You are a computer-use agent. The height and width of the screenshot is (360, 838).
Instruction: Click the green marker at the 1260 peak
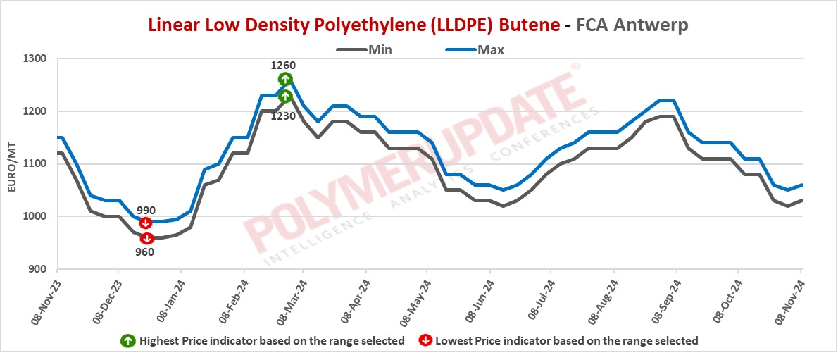(285, 79)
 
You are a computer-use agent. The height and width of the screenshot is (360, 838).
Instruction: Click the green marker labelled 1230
(285, 96)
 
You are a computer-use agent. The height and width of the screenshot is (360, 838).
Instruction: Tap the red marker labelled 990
(146, 223)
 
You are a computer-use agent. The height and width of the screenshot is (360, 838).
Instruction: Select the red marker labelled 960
(146, 238)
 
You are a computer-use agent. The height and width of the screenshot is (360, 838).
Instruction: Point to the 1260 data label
(284, 66)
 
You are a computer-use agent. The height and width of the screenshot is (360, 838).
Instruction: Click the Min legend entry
(365, 49)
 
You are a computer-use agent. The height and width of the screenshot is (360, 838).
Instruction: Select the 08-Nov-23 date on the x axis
(44, 299)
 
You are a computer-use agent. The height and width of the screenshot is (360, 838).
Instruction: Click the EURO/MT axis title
(11, 164)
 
